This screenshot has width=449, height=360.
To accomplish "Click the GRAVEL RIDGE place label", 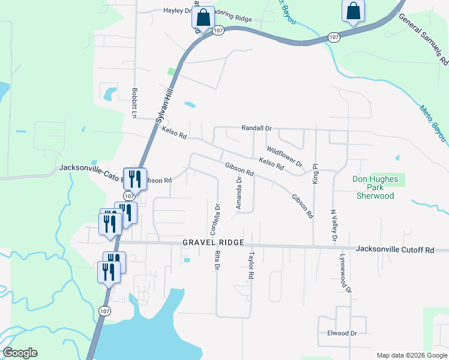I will (x=213, y=242).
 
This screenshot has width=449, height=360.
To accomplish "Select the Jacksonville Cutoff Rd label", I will (x=394, y=249).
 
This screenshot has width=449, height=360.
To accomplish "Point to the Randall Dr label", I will (x=257, y=128).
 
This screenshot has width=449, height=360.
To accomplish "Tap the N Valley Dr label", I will (x=334, y=226).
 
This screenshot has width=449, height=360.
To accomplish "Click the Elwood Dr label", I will (x=342, y=334).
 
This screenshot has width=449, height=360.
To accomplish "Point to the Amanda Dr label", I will (x=239, y=194).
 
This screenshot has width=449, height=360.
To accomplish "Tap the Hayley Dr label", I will (x=177, y=11).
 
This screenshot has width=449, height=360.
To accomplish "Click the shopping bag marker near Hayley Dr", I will (x=203, y=17).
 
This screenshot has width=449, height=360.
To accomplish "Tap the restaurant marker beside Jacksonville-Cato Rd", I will (x=135, y=178).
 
